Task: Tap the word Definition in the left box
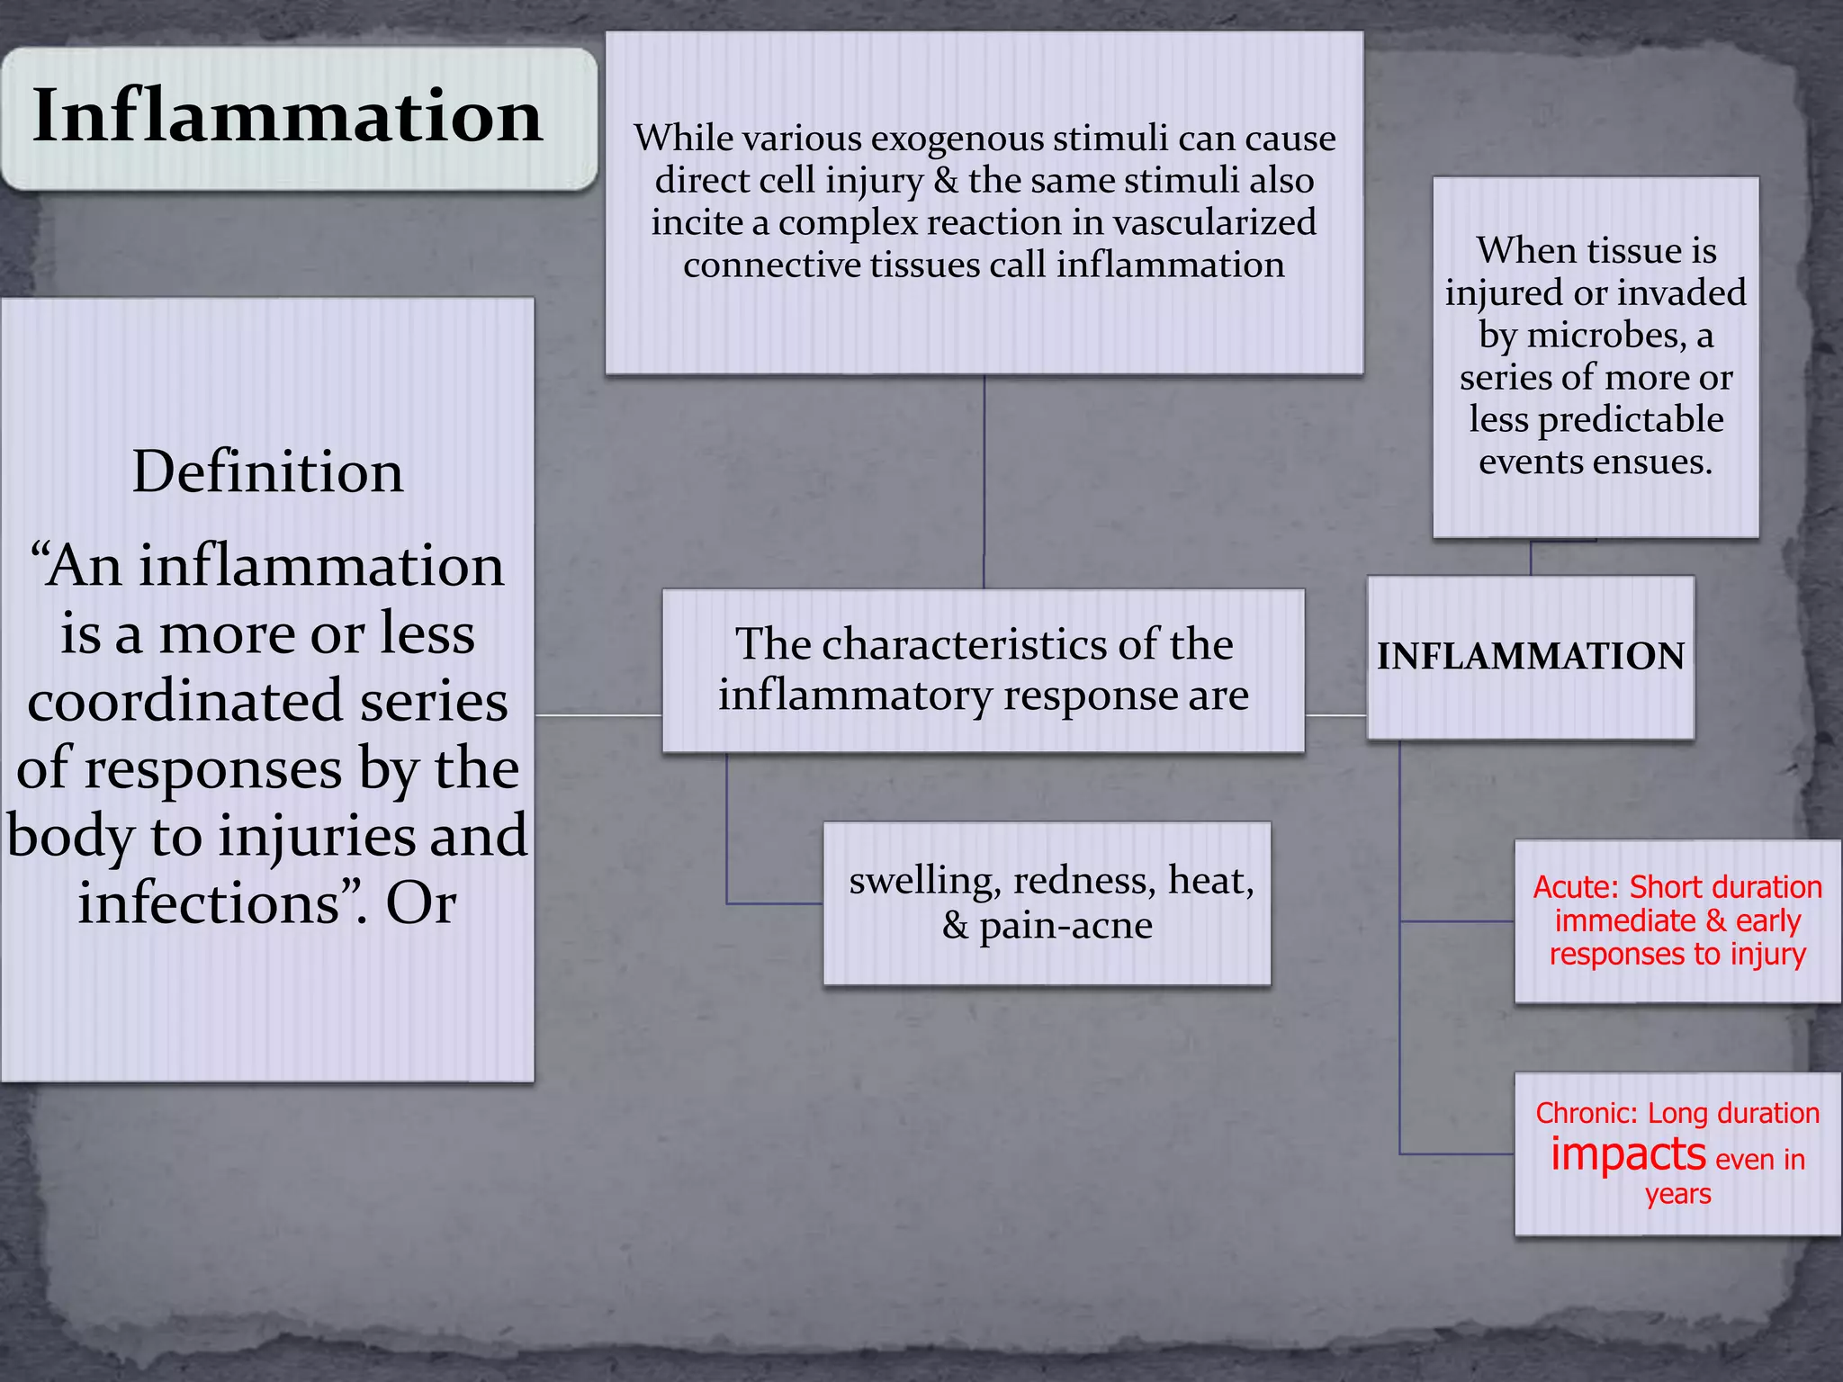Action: pyautogui.click(x=267, y=471)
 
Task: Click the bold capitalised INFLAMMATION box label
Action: pyautogui.click(x=1530, y=656)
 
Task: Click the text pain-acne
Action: pyautogui.click(x=1065, y=925)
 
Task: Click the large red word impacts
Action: pyautogui.click(x=1628, y=1153)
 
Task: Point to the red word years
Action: pyautogui.click(x=1677, y=1194)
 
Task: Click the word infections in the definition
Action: pyautogui.click(x=208, y=902)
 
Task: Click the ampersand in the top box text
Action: pyautogui.click(x=945, y=181)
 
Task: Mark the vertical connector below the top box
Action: pyautogui.click(x=984, y=481)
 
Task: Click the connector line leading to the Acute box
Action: pyautogui.click(x=1456, y=921)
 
